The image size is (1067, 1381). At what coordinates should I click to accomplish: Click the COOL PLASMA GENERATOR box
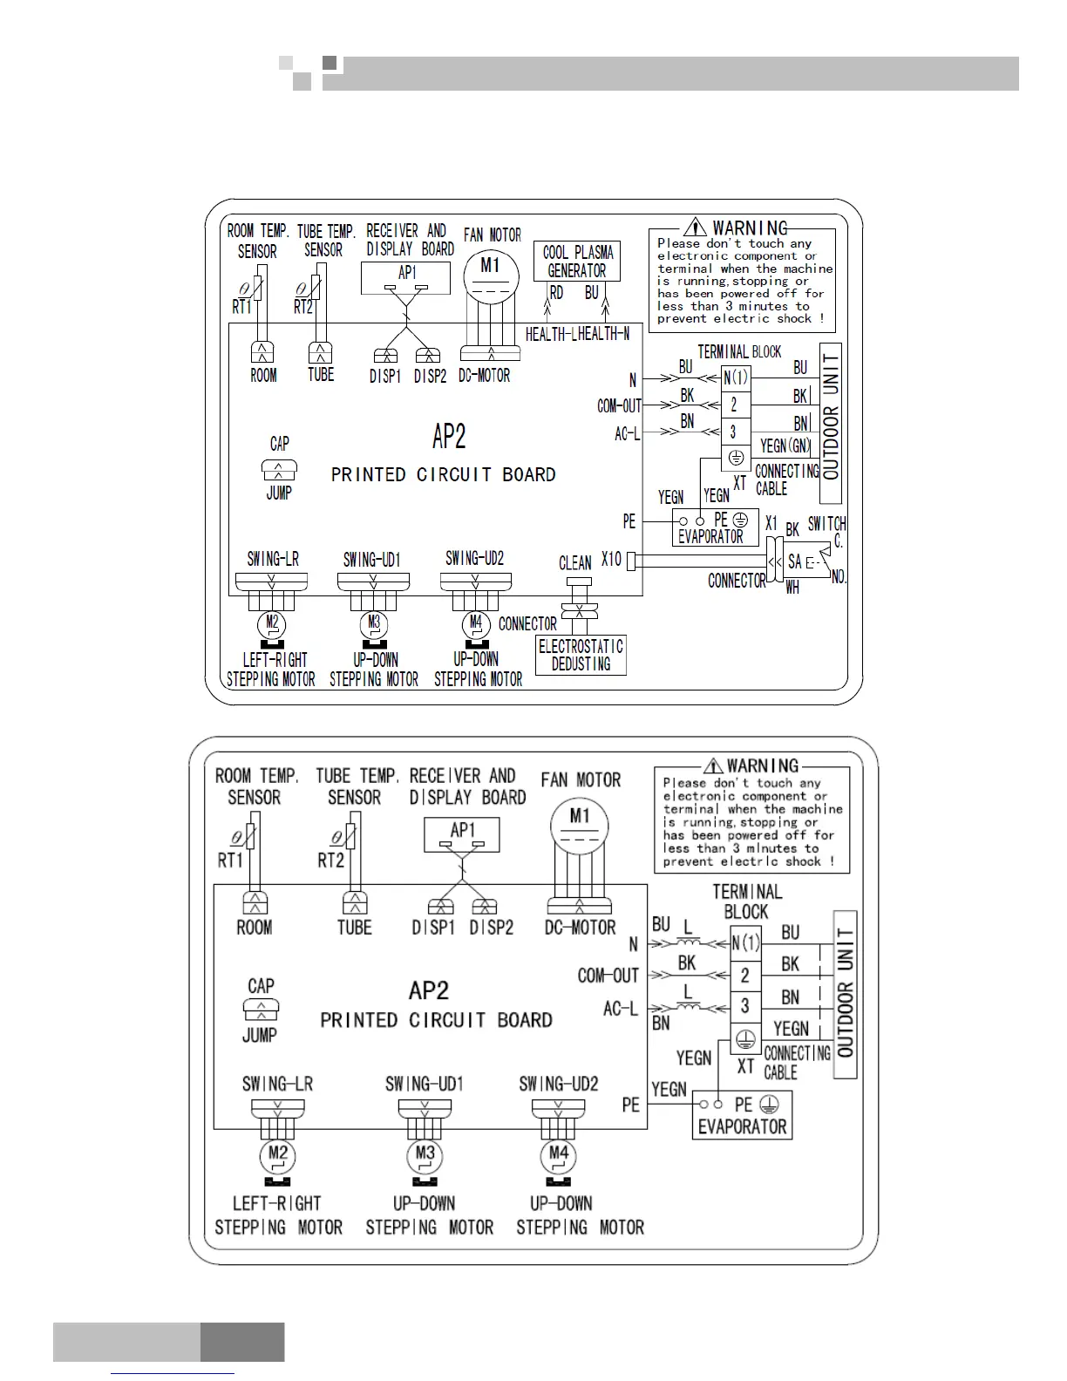576,262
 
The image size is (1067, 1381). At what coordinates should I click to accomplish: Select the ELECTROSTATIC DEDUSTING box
581,655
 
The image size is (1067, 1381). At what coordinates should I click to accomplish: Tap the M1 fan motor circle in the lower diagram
580,826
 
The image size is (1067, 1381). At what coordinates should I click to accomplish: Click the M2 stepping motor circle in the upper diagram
272,623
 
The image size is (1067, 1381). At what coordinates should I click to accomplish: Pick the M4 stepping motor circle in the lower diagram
559,1156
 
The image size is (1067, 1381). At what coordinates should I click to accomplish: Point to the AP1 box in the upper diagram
406,278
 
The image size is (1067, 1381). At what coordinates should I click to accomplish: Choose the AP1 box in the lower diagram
462,834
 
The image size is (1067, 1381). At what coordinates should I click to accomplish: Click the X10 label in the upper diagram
611,559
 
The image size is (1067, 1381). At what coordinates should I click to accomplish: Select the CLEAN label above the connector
575,563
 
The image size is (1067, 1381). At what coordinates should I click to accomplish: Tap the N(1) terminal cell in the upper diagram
735,378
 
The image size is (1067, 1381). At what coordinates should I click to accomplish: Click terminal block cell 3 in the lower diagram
744,1006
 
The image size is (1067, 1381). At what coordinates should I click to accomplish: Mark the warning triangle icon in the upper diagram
695,228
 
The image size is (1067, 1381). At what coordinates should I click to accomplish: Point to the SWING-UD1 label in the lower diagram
425,1084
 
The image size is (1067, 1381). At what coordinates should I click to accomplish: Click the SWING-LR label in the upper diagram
273,559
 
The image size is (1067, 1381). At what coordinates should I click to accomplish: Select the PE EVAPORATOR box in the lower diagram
742,1116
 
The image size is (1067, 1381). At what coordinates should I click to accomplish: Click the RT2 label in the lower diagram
331,861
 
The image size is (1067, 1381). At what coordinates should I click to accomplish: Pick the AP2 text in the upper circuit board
449,437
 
